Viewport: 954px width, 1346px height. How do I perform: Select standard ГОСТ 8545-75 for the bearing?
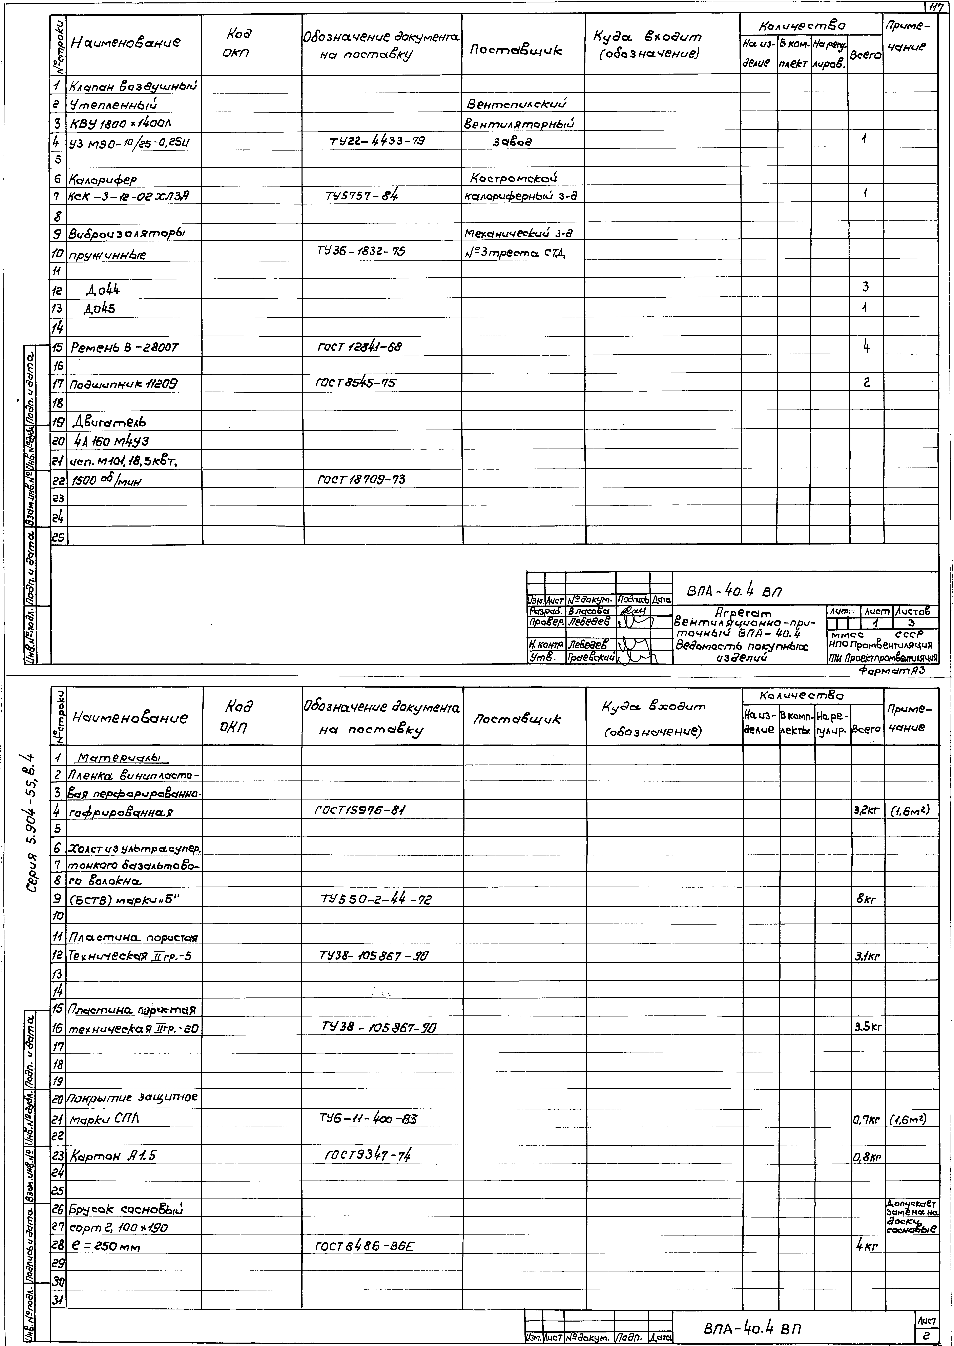point(356,383)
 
